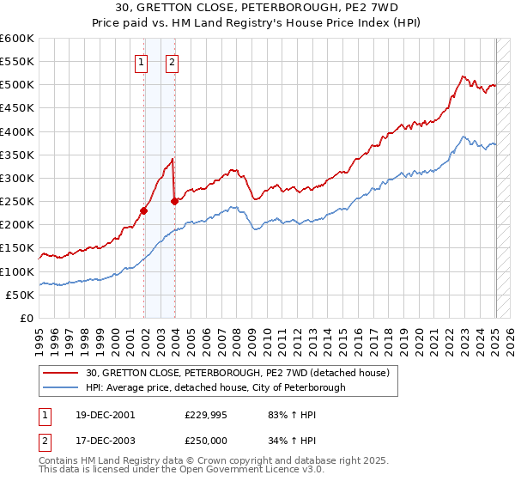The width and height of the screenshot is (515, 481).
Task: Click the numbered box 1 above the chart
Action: tap(141, 61)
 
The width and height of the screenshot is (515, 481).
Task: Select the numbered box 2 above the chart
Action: tap(172, 61)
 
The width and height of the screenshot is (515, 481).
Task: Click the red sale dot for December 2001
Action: tap(144, 210)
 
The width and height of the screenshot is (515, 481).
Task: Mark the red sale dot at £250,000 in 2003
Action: tap(174, 201)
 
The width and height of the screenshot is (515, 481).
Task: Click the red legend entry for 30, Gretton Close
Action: tap(238, 373)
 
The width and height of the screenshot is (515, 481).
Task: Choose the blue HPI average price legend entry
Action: tap(215, 387)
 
